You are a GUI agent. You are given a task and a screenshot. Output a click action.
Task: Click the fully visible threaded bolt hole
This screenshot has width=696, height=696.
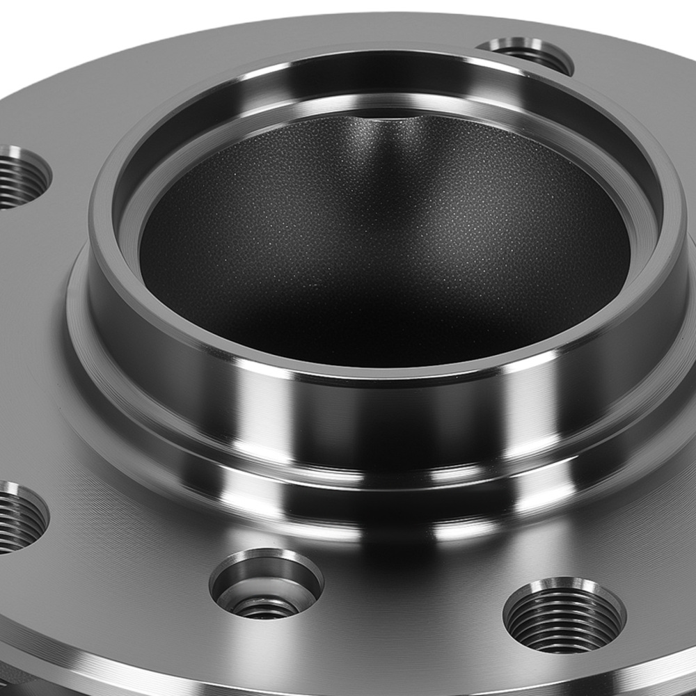click(x=564, y=615)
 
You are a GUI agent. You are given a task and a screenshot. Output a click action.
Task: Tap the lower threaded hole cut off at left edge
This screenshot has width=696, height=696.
click(x=17, y=519)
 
